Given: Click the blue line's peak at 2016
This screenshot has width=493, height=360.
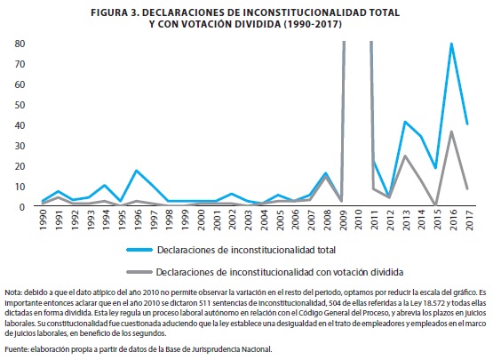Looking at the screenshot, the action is coord(452,44).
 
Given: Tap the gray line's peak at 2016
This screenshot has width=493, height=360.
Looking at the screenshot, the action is coord(452,132).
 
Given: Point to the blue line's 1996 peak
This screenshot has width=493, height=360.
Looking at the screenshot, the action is coord(137,171).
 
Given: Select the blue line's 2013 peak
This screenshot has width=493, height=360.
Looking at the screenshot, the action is coord(405,122).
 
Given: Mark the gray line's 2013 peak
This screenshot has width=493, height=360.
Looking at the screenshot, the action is coord(405,156).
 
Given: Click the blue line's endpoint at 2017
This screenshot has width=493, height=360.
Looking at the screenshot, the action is coord(467,124).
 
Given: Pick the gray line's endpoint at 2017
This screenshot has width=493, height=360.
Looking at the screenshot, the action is coord(467,188).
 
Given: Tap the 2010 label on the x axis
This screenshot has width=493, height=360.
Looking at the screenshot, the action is coord(358,220).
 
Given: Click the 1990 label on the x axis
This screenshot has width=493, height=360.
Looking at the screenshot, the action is coord(43,220).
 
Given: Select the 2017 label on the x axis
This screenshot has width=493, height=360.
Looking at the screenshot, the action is coord(469,220).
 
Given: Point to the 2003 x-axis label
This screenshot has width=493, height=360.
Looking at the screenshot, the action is coord(248,220).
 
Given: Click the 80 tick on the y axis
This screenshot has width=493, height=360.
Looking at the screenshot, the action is coord(20,44).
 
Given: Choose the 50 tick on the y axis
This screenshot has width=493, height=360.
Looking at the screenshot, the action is coord(20,105).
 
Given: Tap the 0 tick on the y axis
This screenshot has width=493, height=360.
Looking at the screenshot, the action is coord(21,207).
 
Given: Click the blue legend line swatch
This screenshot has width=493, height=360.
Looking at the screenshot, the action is coord(139,250).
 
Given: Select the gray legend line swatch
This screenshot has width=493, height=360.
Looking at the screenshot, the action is coord(139,272).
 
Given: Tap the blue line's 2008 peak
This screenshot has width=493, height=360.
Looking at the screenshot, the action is coord(326,173).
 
